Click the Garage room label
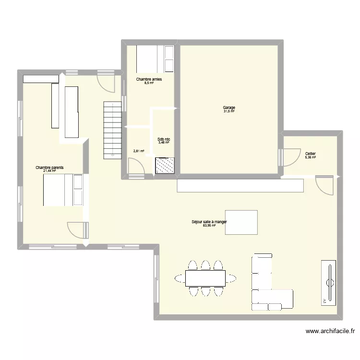[x=229, y=108]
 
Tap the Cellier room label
[x=310, y=154]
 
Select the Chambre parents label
[x=49, y=168]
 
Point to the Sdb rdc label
[x=164, y=140]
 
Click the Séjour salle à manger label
[x=209, y=222]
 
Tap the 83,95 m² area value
[x=209, y=226]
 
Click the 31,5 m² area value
[x=229, y=111]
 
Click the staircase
[x=112, y=130]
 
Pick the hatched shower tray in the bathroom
[x=164, y=166]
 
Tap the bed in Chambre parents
[x=63, y=190]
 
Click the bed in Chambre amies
[x=155, y=58]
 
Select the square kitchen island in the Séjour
[x=241, y=222]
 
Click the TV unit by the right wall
[x=330, y=283]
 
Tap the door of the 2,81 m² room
[x=137, y=168]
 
